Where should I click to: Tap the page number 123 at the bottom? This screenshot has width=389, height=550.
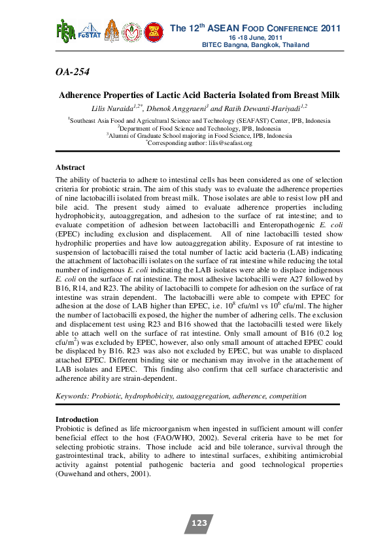pyautogui.click(x=199, y=523)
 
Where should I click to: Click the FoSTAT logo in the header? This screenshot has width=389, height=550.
pyautogui.click(x=88, y=33)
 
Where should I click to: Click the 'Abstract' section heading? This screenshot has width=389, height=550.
pyautogui.click(x=70, y=168)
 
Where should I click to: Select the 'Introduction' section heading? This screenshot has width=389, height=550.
pyautogui.click(x=76, y=419)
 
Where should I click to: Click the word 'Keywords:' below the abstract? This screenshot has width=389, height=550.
pyautogui.click(x=73, y=396)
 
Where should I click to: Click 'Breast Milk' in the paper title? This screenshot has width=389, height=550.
pyautogui.click(x=318, y=95)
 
